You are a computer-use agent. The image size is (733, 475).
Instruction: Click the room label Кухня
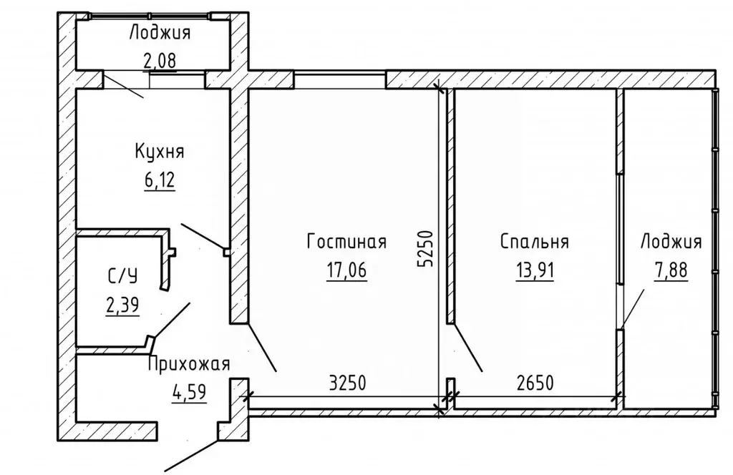(160, 152)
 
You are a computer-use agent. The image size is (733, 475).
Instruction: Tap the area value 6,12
(160, 177)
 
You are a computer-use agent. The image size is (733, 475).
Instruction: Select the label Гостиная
(346, 242)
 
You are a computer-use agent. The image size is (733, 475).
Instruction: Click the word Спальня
(534, 242)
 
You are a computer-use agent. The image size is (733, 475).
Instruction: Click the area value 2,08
(160, 60)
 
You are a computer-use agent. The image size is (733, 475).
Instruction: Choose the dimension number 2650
(535, 383)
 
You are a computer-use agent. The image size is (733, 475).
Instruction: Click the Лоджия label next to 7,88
(671, 242)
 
